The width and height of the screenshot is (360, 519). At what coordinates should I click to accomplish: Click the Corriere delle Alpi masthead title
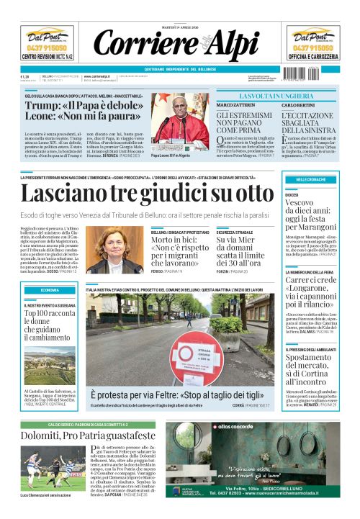click(x=179, y=45)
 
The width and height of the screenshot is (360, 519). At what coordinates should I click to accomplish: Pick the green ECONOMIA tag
click(x=50, y=289)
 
